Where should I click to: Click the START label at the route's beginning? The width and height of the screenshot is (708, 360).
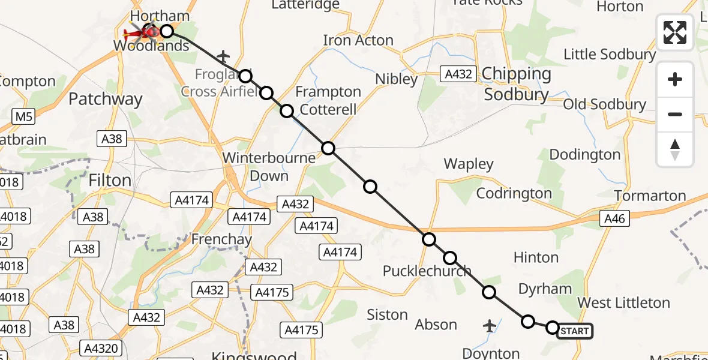[574, 331]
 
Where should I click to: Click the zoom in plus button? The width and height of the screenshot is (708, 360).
[675, 79]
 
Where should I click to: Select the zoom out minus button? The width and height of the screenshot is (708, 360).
[675, 114]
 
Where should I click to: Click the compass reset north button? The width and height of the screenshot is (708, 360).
[675, 149]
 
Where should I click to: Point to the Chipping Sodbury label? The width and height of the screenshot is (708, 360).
[517, 84]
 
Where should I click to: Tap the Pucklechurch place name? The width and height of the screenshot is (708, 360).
[427, 271]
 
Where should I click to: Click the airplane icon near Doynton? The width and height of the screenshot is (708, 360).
[490, 326]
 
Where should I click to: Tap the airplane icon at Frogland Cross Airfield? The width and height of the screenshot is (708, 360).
[223, 57]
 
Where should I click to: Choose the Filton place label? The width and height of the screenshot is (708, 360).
[109, 181]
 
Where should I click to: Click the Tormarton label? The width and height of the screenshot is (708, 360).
[650, 196]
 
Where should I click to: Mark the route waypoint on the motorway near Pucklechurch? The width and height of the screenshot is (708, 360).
[428, 240]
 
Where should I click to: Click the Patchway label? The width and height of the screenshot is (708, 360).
[106, 99]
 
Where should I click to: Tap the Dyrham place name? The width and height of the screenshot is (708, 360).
[545, 289]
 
